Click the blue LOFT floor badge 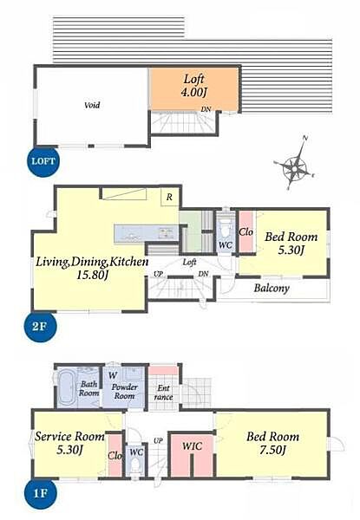tap(43, 161)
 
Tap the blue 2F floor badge tap(40, 327)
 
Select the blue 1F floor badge tap(40, 493)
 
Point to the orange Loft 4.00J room tap(194, 88)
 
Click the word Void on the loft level tap(92, 106)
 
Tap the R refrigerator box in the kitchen tap(169, 197)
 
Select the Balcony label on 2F tap(272, 288)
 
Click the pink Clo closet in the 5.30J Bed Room tap(245, 231)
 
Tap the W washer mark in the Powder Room tap(113, 375)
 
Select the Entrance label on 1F tap(164, 393)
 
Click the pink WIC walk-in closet tap(192, 456)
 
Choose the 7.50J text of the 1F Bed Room tap(272, 451)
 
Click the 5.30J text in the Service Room tap(69, 450)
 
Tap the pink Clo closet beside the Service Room tap(115, 456)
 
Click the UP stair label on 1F tap(158, 441)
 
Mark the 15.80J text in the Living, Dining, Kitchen tap(92, 275)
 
